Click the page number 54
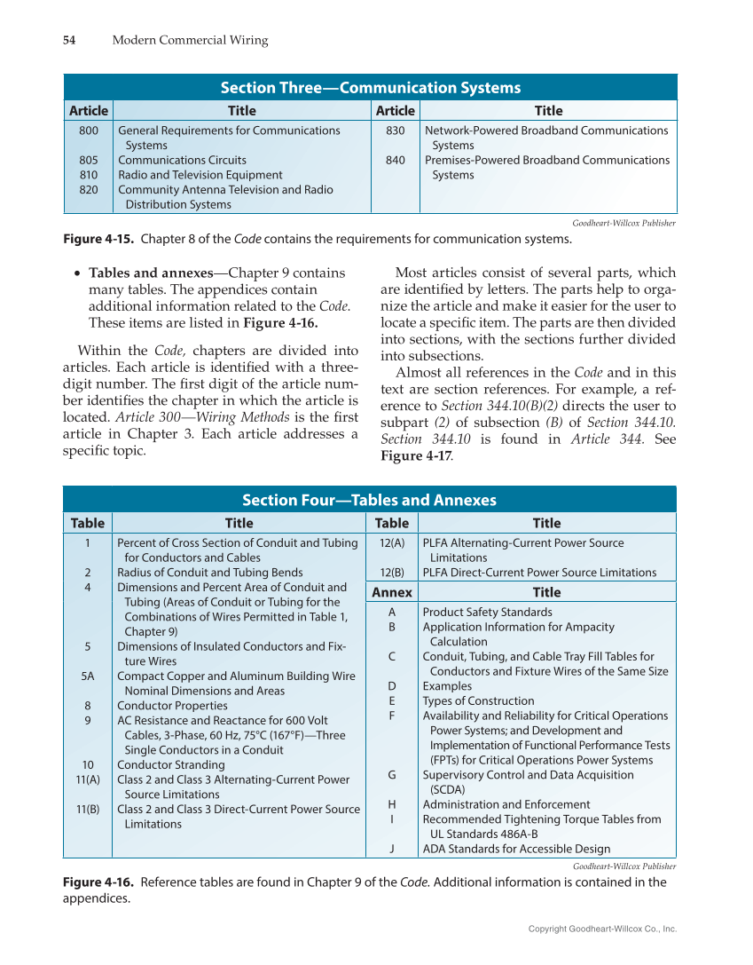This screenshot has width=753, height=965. tap(69, 40)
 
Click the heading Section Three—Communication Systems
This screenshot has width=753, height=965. tap(370, 87)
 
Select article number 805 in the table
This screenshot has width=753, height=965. tap(88, 160)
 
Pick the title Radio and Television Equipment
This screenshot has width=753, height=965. tap(200, 175)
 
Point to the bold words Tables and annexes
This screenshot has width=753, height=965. tap(151, 273)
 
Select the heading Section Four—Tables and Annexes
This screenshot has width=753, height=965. tap(370, 500)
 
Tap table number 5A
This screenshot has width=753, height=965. tap(88, 676)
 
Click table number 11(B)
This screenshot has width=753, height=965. tap(88, 809)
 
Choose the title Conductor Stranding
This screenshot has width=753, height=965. tap(171, 764)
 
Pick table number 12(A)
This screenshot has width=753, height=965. tap(392, 542)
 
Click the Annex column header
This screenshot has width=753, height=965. tap(392, 592)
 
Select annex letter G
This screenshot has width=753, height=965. tap(392, 774)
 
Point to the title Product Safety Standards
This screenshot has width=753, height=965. tap(487, 612)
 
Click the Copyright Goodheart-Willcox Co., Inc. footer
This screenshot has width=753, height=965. tap(602, 929)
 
